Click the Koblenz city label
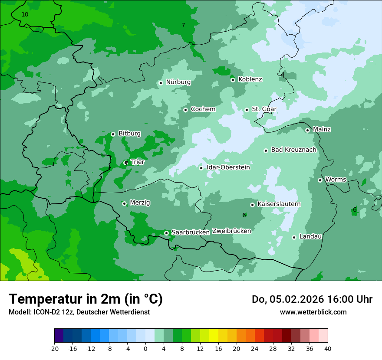pos(250,79)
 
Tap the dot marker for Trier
pos(126,163)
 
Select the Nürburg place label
pos(178,82)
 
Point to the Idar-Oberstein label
pos(228,167)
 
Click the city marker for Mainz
pos(307,130)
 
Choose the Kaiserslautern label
pos(279,204)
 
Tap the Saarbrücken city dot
pos(166,233)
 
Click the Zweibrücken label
pos(231,231)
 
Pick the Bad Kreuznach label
pos(293,150)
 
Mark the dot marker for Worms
pos(320,180)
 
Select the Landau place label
pos(310,237)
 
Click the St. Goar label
pos(264,109)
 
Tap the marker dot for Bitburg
pos(113,134)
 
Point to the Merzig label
pos(140,203)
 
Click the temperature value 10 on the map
pos(25,14)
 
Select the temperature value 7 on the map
pos(183,25)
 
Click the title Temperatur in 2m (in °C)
pos(86,299)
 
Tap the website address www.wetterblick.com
pos(313,312)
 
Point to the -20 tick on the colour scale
pos(54,349)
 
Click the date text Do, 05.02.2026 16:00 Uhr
pos(312,299)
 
